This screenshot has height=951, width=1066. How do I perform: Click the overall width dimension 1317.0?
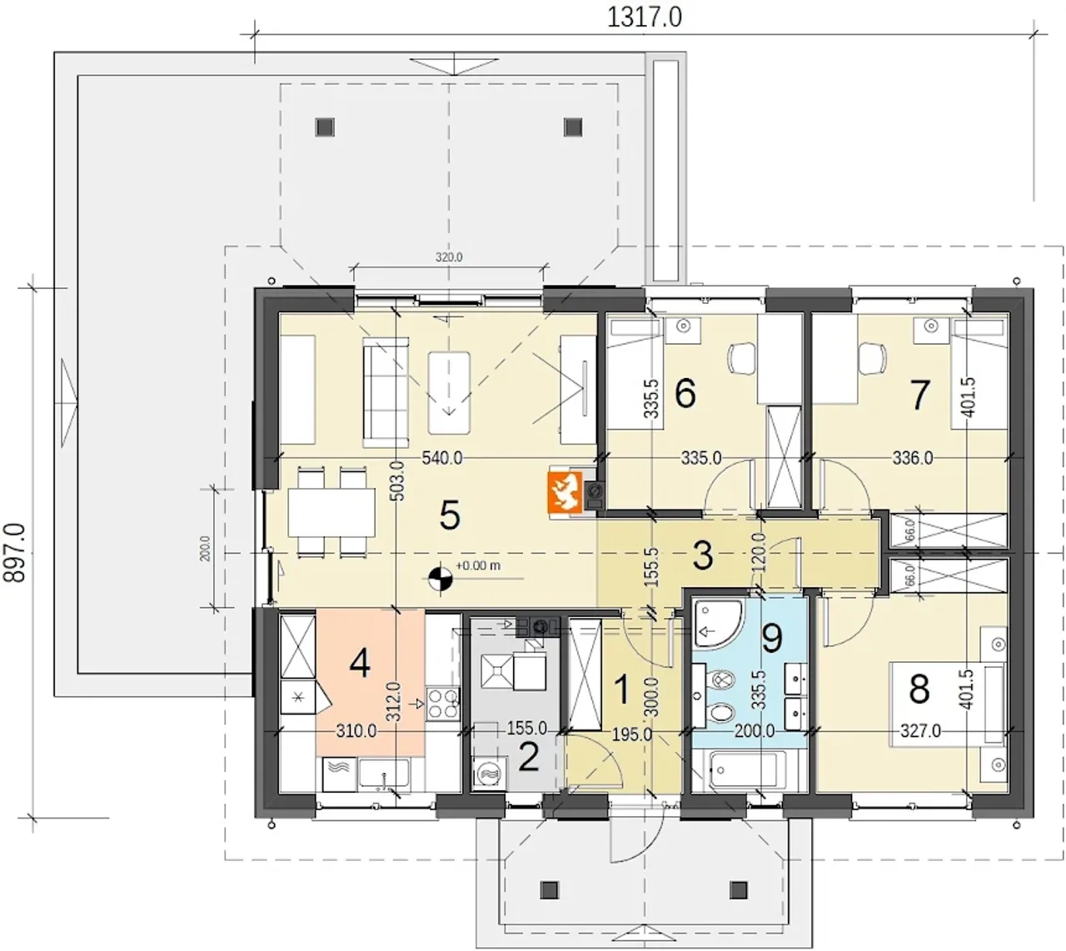[645, 17]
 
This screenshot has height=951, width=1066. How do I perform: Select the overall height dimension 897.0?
[15, 553]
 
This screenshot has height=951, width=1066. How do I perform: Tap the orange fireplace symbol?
[565, 491]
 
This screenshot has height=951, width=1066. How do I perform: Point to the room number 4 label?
[360, 664]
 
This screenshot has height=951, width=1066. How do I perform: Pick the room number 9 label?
[772, 639]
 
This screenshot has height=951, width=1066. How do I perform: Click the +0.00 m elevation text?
[478, 565]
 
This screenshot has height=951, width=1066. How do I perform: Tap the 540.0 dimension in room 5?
[442, 458]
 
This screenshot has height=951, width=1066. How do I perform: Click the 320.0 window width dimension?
[449, 257]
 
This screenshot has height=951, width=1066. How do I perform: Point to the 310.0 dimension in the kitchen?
[356, 731]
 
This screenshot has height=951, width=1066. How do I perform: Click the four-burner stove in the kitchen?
[442, 704]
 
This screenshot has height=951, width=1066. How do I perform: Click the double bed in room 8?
[947, 705]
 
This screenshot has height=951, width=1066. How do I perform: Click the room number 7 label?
[919, 396]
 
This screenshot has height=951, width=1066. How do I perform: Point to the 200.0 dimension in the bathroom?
[755, 730]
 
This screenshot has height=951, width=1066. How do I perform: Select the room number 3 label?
[703, 555]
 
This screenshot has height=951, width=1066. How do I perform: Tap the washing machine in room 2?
[490, 774]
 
